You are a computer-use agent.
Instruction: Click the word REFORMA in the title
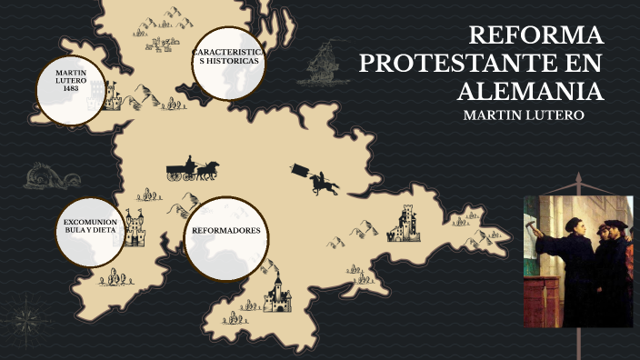[x=535, y=36]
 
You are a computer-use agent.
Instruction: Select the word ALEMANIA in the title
[x=531, y=92]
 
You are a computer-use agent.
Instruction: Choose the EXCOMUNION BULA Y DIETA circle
[x=93, y=231]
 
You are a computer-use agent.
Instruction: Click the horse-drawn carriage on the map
[x=192, y=169]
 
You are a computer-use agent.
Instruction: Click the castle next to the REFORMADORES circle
[x=276, y=291]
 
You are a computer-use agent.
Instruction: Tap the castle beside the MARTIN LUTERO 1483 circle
[x=114, y=93]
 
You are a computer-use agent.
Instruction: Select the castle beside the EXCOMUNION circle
[x=135, y=228]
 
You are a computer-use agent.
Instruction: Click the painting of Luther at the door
[x=577, y=260]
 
